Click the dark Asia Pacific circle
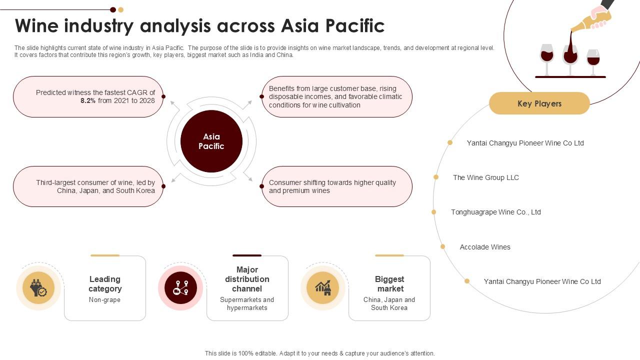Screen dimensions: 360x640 (x=211, y=141)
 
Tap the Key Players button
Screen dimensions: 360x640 (x=539, y=103)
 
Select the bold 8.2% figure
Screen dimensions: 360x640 (x=88, y=100)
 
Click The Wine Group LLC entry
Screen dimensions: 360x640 (x=485, y=177)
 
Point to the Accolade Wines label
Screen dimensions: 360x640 (x=485, y=247)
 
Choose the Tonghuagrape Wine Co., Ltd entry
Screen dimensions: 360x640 (x=495, y=212)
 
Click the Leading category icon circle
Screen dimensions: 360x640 (x=38, y=288)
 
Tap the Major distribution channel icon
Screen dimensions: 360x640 (x=180, y=288)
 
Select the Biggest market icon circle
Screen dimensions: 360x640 (x=323, y=288)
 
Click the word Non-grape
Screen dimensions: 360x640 (x=104, y=300)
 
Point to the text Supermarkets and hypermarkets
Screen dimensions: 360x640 (x=247, y=303)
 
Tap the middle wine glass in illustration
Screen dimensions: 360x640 (x=570, y=55)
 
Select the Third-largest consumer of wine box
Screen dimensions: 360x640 (x=88, y=186)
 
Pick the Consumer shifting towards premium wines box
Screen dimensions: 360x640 (x=336, y=186)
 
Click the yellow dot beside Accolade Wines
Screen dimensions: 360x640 (x=442, y=246)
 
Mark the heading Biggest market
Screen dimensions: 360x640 (x=389, y=284)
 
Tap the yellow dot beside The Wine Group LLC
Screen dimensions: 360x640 (x=436, y=177)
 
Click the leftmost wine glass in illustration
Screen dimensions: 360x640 (x=547, y=55)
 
